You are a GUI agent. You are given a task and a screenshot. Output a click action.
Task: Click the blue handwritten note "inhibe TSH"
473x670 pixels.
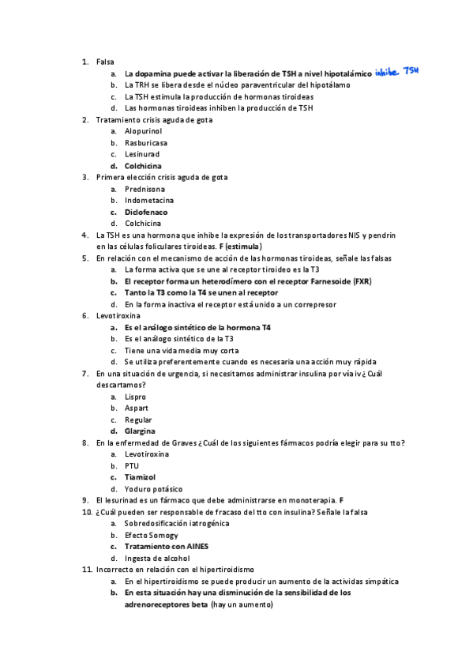point(396,72)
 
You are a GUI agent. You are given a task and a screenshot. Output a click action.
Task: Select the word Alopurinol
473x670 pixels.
point(143,131)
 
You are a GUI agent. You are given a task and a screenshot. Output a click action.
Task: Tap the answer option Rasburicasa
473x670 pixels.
point(146,143)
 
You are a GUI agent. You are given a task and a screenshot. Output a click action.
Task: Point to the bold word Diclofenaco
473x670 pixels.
point(146,212)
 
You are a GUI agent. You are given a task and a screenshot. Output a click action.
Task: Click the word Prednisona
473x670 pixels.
point(145,189)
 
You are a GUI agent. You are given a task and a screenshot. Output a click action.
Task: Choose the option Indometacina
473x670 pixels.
point(148,201)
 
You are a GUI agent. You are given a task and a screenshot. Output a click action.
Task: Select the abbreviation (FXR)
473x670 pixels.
point(362,281)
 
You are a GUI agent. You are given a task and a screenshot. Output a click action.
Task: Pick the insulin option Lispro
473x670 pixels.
point(135,397)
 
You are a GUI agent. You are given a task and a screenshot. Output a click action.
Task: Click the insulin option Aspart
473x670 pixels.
point(136,408)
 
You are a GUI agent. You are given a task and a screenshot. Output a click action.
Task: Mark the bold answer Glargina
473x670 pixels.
point(140,431)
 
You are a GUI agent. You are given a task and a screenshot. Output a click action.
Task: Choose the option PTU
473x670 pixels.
point(132,466)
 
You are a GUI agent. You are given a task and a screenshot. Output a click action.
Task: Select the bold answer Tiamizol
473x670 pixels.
point(140,477)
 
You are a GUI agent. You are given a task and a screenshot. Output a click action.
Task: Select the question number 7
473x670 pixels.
point(85,374)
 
